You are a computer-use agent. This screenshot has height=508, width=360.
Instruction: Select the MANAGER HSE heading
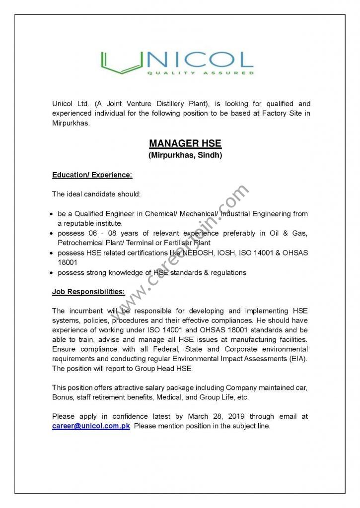point(185,144)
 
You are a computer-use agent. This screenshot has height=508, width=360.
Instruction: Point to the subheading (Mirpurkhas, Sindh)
point(185,155)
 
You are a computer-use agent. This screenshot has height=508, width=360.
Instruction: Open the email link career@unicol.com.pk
point(91,426)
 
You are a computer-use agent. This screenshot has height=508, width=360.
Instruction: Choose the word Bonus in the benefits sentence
point(63,397)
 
